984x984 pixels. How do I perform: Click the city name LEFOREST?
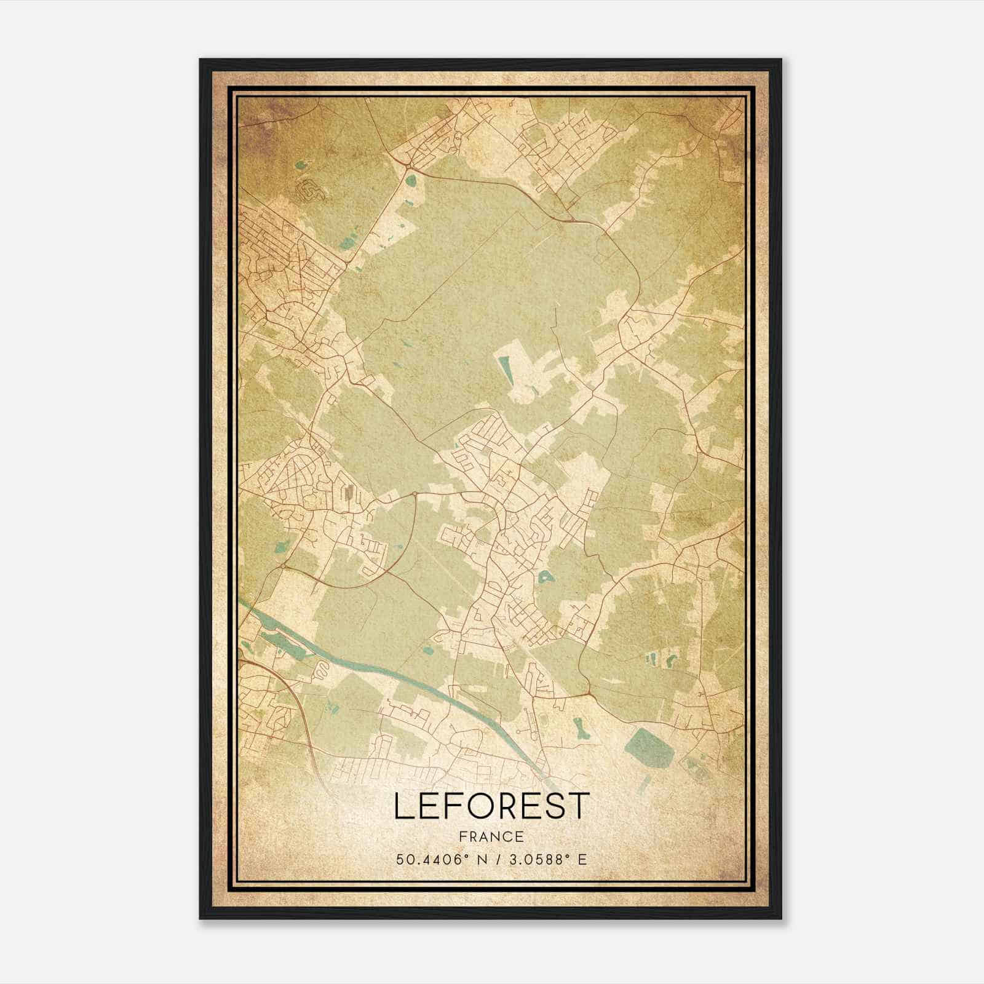491,806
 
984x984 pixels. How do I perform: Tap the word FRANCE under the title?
491,837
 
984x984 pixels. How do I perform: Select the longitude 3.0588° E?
545,859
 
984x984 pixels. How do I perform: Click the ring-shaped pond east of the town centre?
544,577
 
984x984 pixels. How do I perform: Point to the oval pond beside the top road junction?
410,181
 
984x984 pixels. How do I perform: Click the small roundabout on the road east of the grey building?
415,493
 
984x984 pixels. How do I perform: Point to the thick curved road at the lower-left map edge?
301,707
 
